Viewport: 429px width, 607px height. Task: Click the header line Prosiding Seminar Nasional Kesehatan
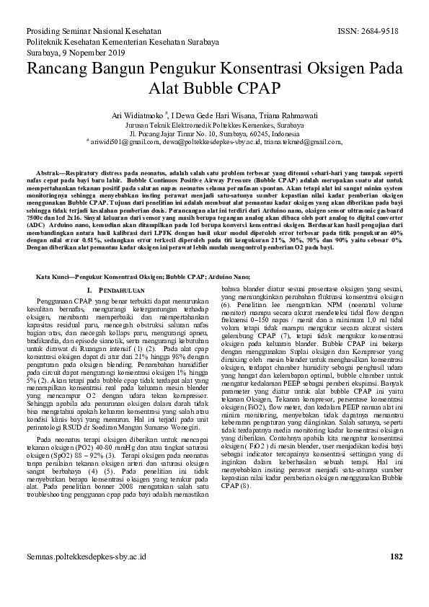click(94, 32)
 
